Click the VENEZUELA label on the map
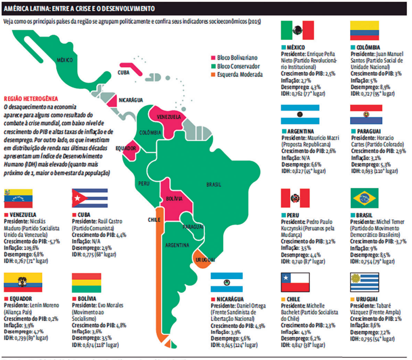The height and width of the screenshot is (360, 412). click(169, 117)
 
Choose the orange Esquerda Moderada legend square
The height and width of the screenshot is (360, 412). click(214, 75)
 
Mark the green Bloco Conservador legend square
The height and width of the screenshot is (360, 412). click(214, 66)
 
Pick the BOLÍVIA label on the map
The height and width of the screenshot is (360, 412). click(174, 199)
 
